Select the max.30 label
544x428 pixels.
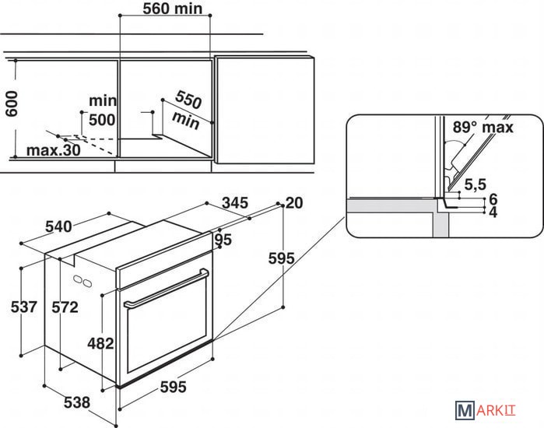tap(53, 150)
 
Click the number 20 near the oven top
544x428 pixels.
tap(293, 203)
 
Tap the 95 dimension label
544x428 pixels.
tap(223, 240)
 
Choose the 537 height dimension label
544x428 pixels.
tap(25, 307)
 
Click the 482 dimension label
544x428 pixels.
tap(101, 343)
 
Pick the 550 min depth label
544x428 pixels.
tap(187, 108)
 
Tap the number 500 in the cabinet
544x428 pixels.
tap(101, 120)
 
